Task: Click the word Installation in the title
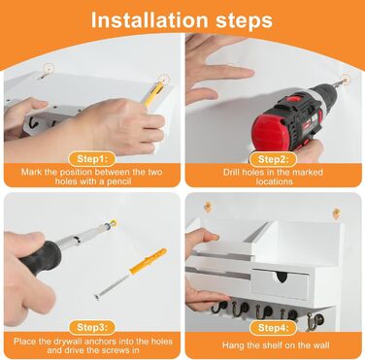tap(149, 20)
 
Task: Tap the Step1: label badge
tap(92, 159)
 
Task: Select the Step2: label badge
tap(274, 159)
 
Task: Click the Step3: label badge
tap(92, 327)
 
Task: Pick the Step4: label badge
tap(274, 327)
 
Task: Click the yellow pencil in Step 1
tap(152, 94)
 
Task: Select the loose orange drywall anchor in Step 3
tap(149, 261)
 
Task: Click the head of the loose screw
tap(97, 296)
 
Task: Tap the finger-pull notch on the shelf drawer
tap(282, 276)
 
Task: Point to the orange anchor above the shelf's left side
tap(208, 207)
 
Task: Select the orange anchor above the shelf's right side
tap(336, 213)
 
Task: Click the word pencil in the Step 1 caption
tap(117, 181)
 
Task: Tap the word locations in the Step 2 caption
tap(274, 181)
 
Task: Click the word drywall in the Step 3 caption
tap(69, 341)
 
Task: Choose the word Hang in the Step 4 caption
tap(232, 345)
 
